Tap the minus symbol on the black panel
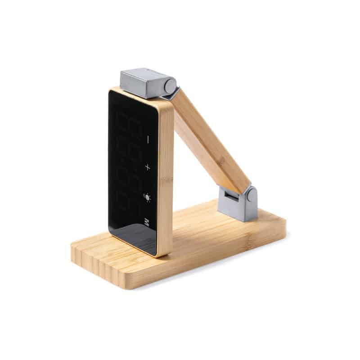coord(148,139)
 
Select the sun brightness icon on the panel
coord(148,197)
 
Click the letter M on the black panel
coord(147,222)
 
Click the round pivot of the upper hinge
coord(171,85)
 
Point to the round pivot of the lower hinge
coord(252,194)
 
